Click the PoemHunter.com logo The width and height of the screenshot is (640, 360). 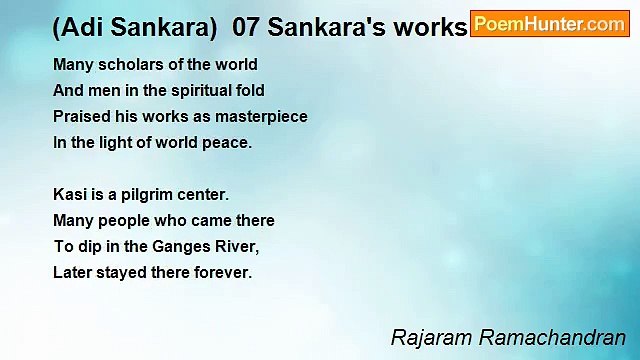click(x=549, y=24)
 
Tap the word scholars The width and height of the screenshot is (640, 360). click(x=124, y=65)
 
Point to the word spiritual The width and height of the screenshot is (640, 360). click(x=197, y=91)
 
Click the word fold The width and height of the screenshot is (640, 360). click(x=250, y=91)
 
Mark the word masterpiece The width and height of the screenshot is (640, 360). click(x=264, y=117)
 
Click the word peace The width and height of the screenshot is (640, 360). click(x=230, y=143)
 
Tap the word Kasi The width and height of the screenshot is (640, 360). click(x=68, y=194)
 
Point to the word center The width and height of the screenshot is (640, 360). click(x=204, y=194)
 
